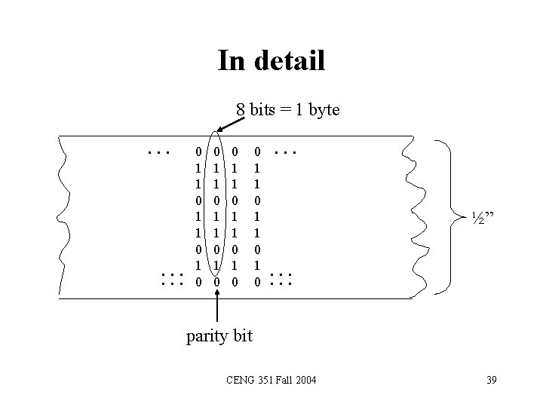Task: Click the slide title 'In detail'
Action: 271,60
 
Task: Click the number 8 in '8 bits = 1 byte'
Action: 241,110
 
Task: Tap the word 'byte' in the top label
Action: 322,110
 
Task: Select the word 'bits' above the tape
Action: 262,110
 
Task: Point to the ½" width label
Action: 483,218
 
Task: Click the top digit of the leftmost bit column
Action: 198,152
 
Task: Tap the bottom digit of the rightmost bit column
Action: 257,281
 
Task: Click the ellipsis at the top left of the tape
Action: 158,152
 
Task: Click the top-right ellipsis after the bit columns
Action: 286,152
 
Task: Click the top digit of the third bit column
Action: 235,152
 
